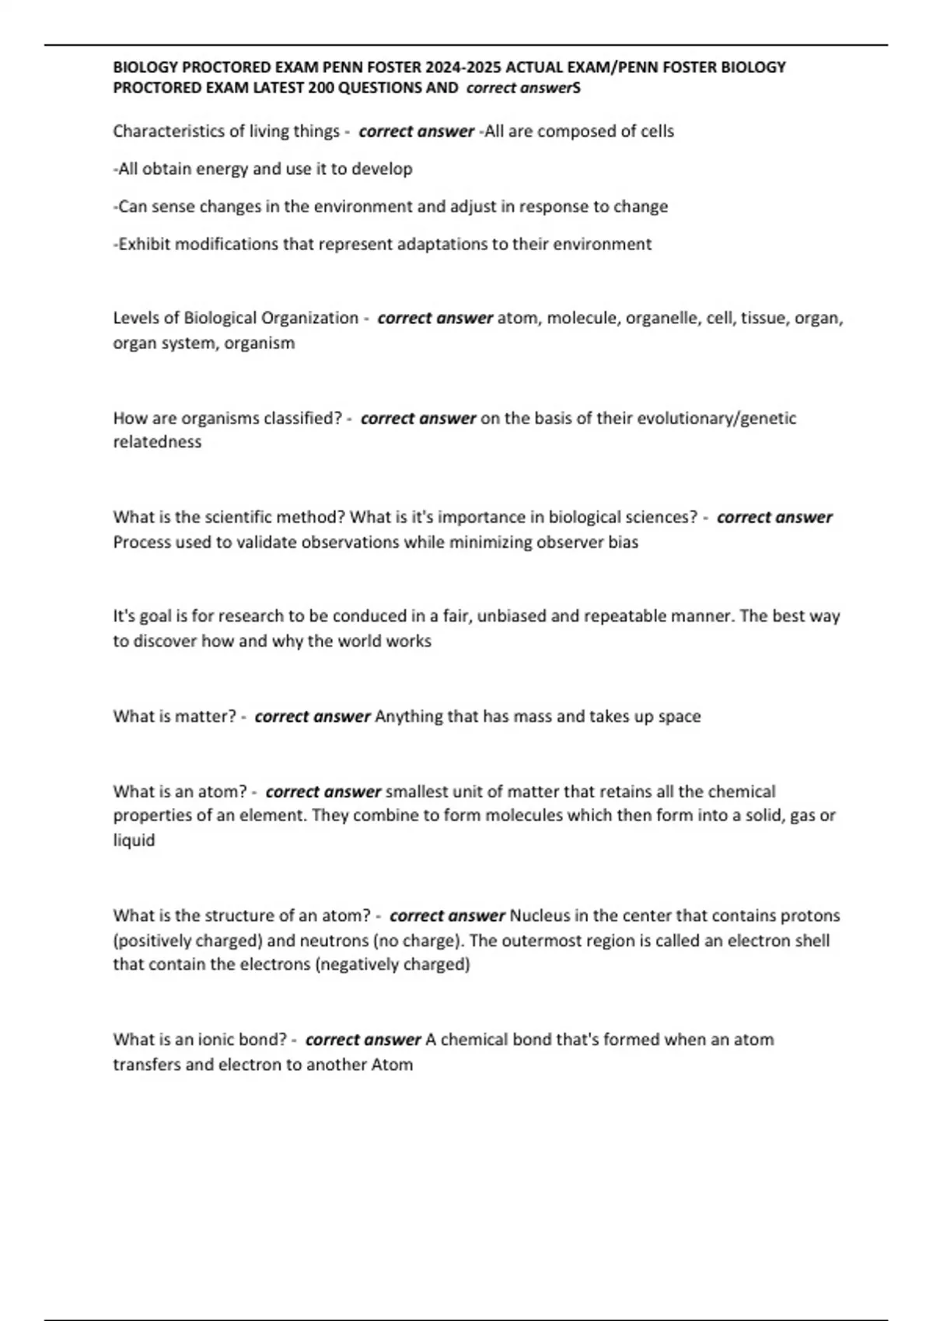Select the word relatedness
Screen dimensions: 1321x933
[157, 442]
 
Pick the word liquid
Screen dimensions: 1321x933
[134, 841]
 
